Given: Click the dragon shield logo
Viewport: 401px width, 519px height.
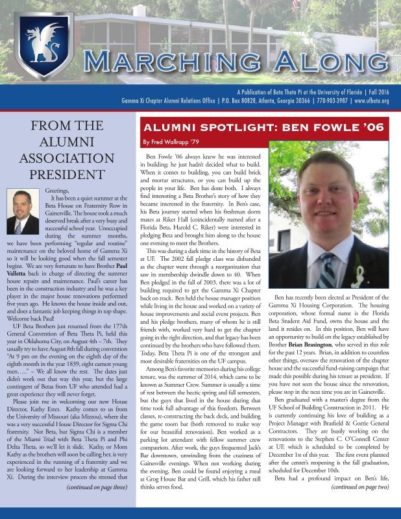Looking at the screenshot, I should [x=43, y=45].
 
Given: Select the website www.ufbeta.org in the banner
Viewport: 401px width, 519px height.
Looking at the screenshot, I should [x=372, y=102].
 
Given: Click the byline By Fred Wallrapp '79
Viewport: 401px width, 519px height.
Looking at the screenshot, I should [x=171, y=141].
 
